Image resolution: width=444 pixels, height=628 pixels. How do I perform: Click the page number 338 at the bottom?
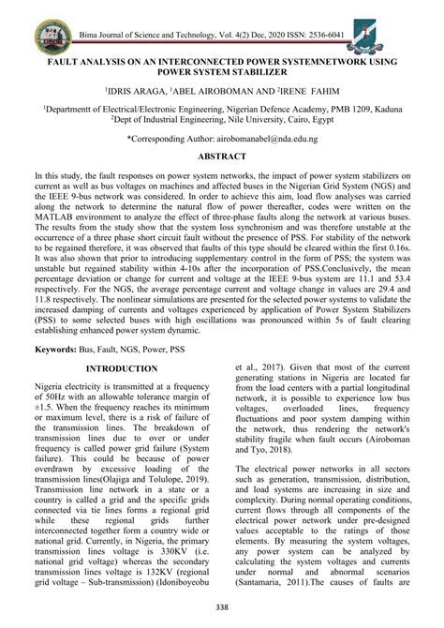[x=222, y=608]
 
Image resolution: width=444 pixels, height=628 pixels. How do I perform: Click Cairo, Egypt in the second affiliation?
[x=303, y=120]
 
